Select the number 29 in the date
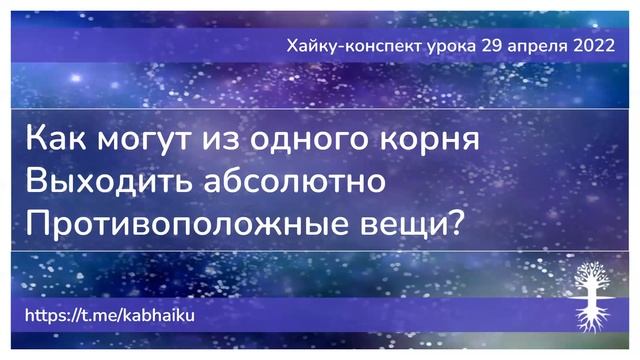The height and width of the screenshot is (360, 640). tap(498, 47)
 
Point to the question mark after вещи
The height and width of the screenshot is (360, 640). tap(455, 224)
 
